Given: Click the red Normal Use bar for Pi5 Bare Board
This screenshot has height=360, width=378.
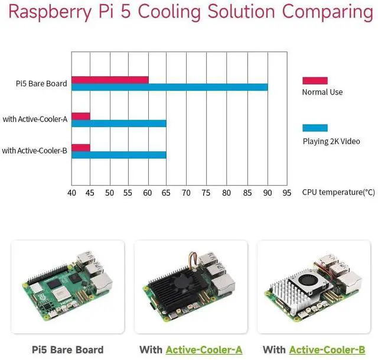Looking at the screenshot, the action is click(x=110, y=80).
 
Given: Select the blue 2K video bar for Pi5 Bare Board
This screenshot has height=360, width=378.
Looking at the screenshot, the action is click(x=170, y=87).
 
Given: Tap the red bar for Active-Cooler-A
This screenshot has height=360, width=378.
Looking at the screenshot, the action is click(x=81, y=116).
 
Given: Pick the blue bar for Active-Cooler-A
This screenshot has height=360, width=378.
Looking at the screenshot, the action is click(x=119, y=124).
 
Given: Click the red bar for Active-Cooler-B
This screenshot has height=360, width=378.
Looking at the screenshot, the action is click(x=81, y=148).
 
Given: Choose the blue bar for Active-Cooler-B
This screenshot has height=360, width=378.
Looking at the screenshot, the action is click(x=119, y=155).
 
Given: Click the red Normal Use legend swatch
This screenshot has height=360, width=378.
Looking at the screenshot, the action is click(x=315, y=80).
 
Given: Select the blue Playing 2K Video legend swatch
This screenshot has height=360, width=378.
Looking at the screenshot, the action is click(x=315, y=128).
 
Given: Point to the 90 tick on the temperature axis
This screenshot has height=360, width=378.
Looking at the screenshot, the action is click(x=268, y=193).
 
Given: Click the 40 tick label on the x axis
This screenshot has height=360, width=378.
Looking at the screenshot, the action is click(x=71, y=193).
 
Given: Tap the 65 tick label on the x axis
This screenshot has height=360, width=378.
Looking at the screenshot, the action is click(x=166, y=193).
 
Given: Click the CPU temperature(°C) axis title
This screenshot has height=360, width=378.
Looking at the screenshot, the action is click(x=338, y=192).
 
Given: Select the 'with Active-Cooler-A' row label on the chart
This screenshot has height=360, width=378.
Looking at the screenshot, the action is click(x=35, y=119).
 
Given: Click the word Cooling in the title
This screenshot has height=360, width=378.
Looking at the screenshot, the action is click(x=169, y=11).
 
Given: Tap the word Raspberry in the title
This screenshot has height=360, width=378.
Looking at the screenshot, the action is click(x=50, y=12).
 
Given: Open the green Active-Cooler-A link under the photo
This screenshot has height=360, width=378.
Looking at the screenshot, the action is click(x=204, y=350).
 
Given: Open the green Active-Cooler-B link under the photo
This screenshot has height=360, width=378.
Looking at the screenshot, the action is click(x=327, y=350).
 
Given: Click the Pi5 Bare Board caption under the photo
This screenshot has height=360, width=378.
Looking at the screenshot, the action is click(x=68, y=350).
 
